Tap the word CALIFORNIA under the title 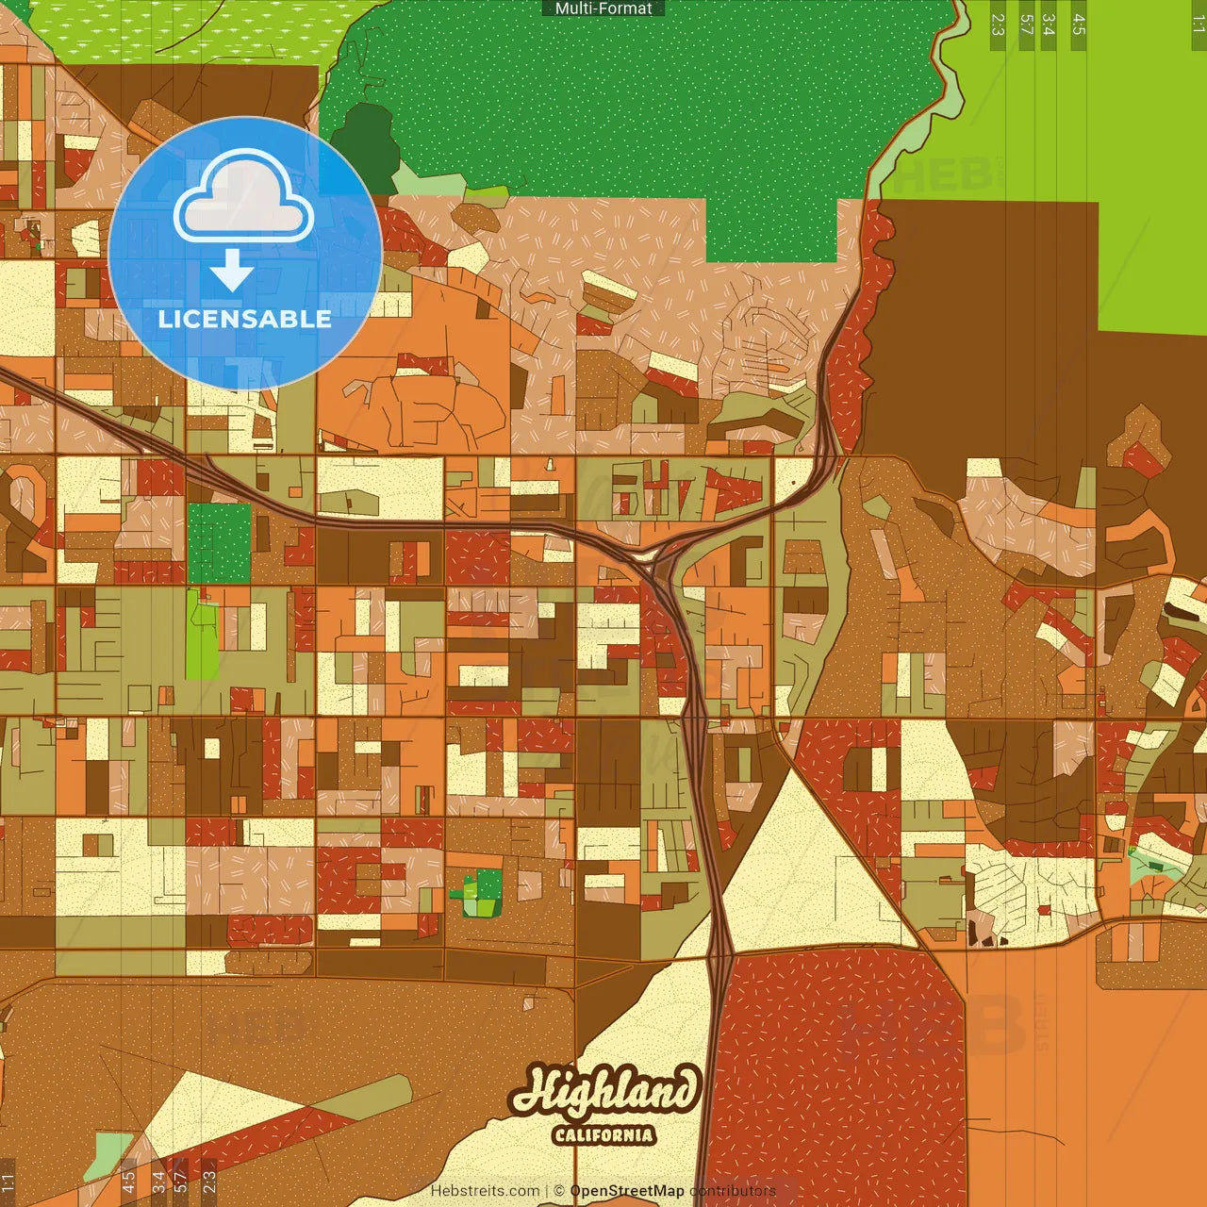603,1134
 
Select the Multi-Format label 603,8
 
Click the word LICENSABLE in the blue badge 245,319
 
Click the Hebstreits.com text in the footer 485,1191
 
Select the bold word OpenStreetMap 627,1191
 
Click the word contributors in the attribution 733,1191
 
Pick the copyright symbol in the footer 559,1191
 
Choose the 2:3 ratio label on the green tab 998,25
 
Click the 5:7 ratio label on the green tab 1026,25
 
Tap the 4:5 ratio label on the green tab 1079,25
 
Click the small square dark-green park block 219,543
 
